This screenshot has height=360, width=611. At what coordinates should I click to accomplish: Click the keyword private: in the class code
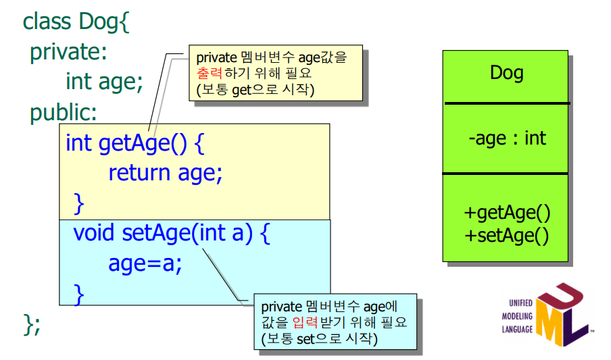coord(68,52)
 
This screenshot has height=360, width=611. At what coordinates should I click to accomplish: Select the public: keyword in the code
coord(64,112)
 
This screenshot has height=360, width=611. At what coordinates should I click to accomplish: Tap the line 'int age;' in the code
coord(104,82)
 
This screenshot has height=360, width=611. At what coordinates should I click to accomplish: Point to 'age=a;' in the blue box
coord(145,263)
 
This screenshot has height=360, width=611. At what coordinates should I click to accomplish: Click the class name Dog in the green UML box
coord(506,73)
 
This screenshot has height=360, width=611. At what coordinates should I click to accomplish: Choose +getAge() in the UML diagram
coord(507,213)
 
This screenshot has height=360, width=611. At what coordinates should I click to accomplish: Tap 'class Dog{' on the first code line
coord(75,22)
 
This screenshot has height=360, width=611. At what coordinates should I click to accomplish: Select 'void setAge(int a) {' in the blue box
coord(172,233)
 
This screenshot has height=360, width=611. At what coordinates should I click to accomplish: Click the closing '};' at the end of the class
coord(32,324)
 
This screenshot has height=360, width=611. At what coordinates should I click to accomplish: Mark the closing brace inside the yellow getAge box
coord(79,202)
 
